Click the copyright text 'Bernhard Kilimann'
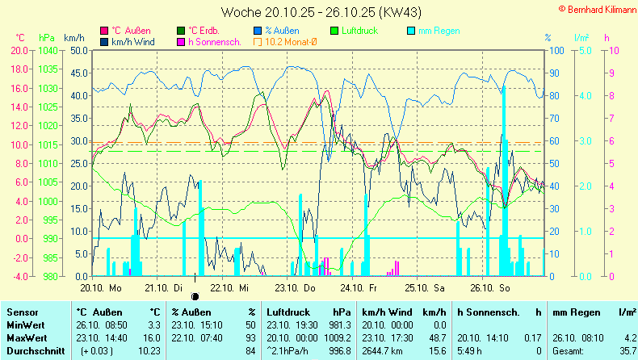click(x=596, y=6)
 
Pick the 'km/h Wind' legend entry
click(x=132, y=41)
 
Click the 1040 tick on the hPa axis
click(x=47, y=50)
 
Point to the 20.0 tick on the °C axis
click(x=18, y=50)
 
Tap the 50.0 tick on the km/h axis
click(x=78, y=50)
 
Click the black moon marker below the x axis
click(x=195, y=295)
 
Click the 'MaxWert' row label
click(x=26, y=337)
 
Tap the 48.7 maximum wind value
click(x=436, y=337)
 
